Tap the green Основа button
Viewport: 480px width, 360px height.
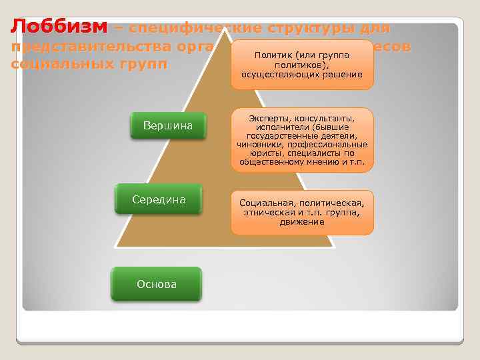click(157, 284)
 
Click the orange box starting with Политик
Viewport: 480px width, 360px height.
click(302, 65)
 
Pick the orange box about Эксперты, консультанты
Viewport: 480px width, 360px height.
click(302, 140)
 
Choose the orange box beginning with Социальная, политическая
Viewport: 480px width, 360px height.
click(302, 212)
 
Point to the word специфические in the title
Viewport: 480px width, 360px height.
click(195, 29)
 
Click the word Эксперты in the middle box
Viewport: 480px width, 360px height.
click(265, 118)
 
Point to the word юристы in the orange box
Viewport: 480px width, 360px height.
click(255, 153)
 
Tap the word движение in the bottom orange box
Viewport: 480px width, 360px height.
click(302, 221)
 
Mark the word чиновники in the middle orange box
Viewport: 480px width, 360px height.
click(258, 144)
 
